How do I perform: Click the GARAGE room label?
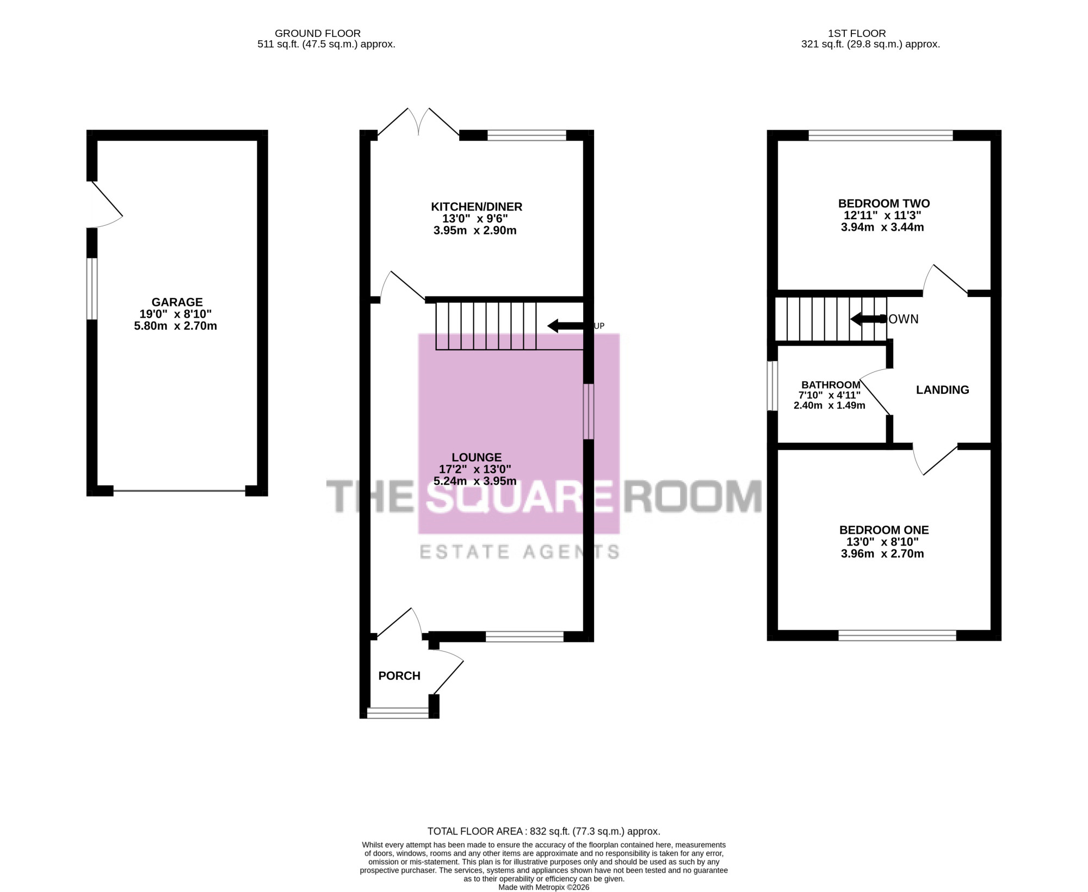coord(177,302)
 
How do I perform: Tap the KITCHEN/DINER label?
coord(477,207)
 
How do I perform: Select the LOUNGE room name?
coord(477,457)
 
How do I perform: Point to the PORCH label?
coord(399,676)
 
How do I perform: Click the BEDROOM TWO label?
coord(884,203)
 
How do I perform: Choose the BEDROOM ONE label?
coord(884,530)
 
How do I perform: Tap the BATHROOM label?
coord(831,385)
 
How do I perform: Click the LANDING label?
coord(943,389)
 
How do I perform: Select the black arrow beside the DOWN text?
coord(869,319)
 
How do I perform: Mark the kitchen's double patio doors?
coord(418,121)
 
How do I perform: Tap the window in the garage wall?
coord(92,289)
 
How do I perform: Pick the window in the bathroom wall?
coord(772,386)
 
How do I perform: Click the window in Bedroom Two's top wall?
coord(881,135)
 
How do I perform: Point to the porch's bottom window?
coord(398,713)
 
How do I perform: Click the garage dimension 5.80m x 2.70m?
coord(176,326)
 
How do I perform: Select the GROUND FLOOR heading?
coord(318,33)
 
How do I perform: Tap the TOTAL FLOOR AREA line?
coord(544,831)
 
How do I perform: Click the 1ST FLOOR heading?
coord(857,33)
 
